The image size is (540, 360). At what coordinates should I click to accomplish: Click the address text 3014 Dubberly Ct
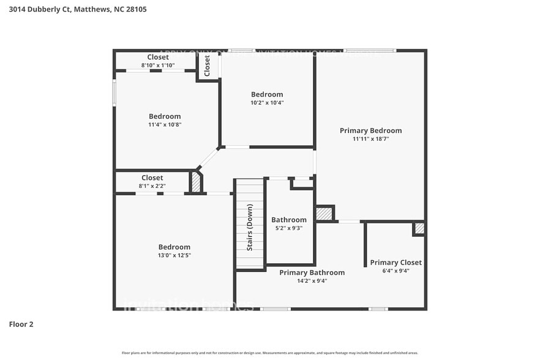tap(77, 9)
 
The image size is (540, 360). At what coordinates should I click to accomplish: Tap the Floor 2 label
tap(21, 324)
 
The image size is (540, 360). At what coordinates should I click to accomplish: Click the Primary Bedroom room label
tap(370, 130)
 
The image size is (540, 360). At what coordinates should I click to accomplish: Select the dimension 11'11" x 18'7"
tap(370, 139)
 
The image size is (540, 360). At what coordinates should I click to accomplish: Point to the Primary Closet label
tap(396, 262)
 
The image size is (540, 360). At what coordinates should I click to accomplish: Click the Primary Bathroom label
tap(312, 272)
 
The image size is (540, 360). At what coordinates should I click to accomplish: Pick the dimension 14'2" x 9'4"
tap(312, 281)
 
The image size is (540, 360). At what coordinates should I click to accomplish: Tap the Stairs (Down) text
tap(250, 227)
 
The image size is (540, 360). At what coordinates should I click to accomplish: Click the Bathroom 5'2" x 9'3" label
tap(288, 220)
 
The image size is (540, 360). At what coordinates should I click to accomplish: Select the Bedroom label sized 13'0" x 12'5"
tap(174, 247)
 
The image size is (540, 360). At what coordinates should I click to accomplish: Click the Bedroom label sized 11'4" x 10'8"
tap(165, 116)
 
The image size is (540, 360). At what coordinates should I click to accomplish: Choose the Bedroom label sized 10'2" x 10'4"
tap(267, 94)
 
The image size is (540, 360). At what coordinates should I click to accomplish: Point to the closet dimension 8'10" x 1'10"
tap(158, 65)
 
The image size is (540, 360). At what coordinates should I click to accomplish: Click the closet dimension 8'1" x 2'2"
tap(152, 186)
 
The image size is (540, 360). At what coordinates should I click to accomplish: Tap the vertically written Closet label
tap(207, 66)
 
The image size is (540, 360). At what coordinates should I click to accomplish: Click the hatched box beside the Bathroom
tap(324, 214)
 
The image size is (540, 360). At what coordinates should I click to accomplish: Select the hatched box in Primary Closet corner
tap(419, 228)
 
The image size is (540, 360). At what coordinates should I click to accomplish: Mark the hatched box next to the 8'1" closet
tap(196, 182)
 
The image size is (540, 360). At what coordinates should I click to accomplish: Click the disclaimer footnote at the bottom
tap(269, 353)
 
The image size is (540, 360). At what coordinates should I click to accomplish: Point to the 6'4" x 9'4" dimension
tap(396, 271)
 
